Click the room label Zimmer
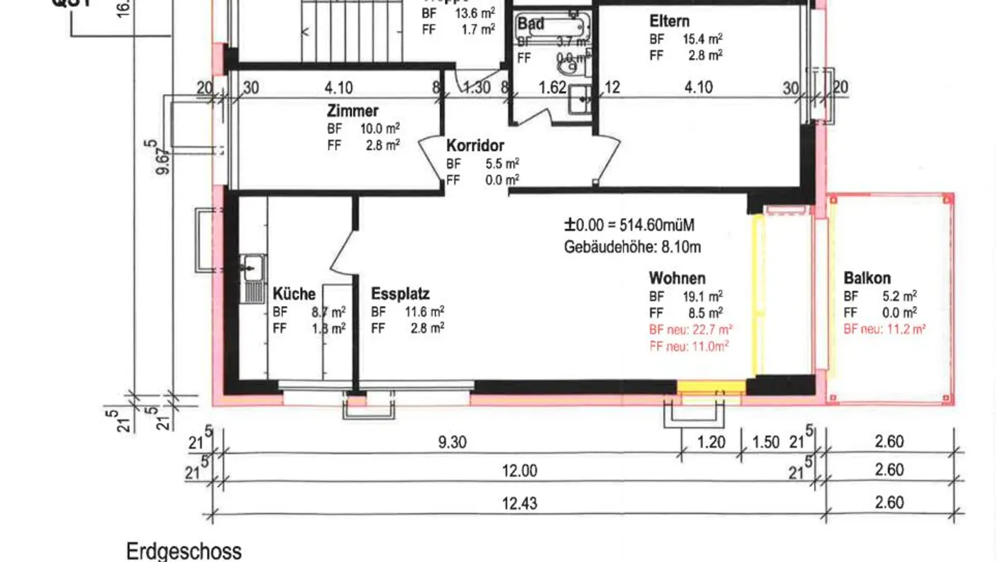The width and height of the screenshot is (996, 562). tap(352, 111)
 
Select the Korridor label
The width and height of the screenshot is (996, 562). tap(474, 147)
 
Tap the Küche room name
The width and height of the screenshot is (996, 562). tap(294, 294)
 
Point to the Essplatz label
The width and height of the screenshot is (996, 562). tap(400, 294)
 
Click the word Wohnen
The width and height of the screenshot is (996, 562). tap(676, 279)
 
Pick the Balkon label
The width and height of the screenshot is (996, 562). tap(867, 279)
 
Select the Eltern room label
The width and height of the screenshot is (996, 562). tap(669, 21)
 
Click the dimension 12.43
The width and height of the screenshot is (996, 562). tap(519, 503)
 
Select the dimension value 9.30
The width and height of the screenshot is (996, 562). tap(452, 442)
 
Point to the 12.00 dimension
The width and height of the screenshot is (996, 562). tap(519, 471)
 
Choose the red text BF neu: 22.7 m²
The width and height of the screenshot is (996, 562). tap(690, 330)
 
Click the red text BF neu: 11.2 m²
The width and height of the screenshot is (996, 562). tap(884, 330)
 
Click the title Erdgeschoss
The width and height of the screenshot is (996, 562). tap(184, 552)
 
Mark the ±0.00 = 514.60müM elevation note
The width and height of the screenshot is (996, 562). tap(629, 225)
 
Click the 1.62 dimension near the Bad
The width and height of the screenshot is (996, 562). tap(552, 88)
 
